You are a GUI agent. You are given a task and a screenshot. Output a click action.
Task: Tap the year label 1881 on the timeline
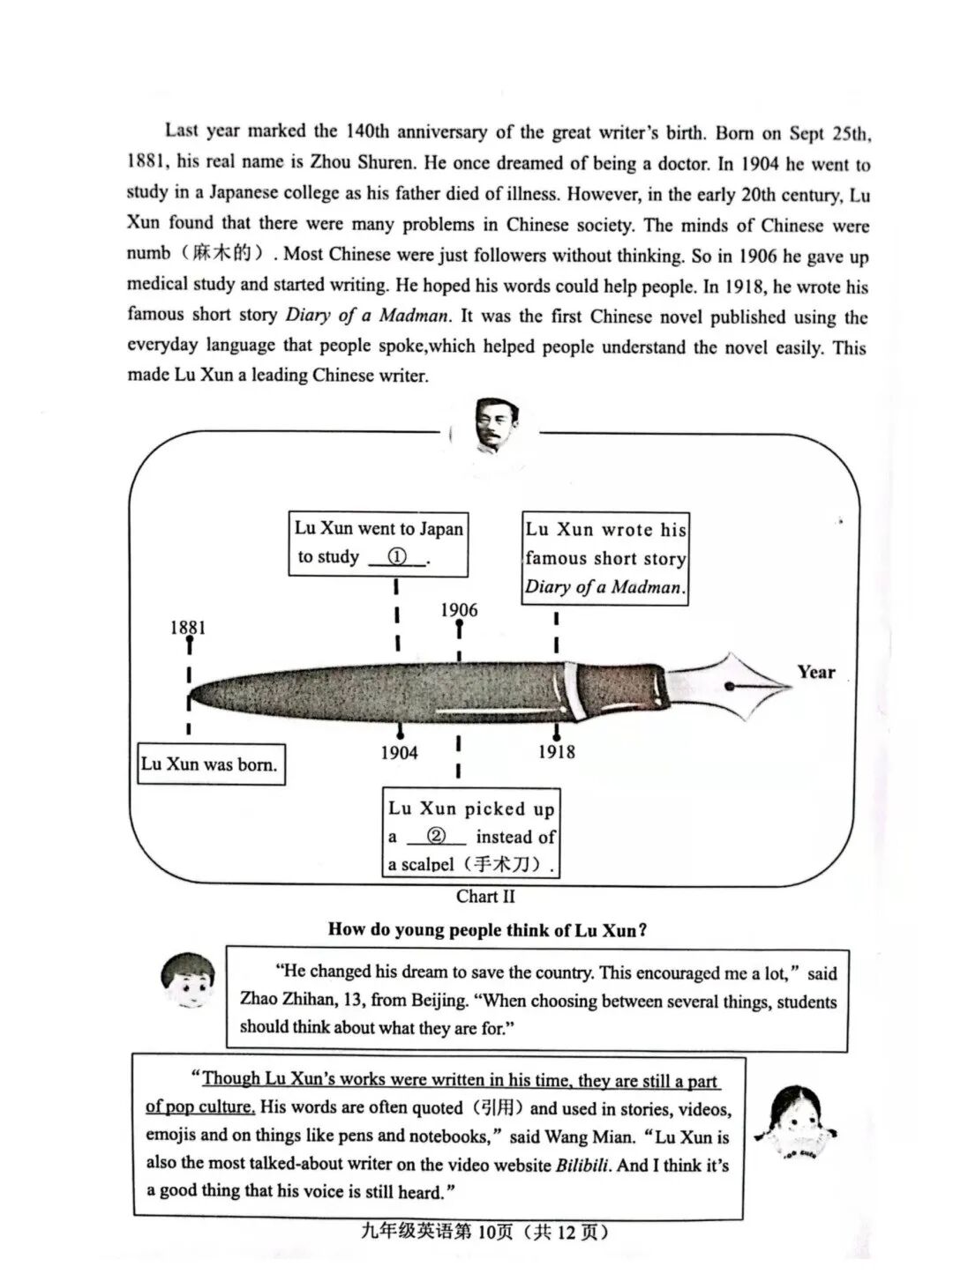(188, 628)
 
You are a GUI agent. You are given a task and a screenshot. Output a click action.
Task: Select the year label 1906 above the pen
(459, 609)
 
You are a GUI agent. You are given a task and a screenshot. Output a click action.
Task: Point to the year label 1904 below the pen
(399, 752)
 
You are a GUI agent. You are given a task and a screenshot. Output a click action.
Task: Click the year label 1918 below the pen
(556, 752)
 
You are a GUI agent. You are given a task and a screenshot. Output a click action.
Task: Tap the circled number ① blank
(397, 557)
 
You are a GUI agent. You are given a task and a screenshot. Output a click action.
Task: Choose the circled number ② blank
(436, 836)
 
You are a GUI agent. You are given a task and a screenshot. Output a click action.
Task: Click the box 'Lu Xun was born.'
(210, 764)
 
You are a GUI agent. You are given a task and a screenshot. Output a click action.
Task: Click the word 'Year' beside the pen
(815, 672)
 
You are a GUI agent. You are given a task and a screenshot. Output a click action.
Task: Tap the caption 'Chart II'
(485, 897)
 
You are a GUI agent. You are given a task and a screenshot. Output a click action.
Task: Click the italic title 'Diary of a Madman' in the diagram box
(604, 587)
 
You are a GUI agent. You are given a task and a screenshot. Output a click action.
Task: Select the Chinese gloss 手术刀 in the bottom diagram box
(507, 864)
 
